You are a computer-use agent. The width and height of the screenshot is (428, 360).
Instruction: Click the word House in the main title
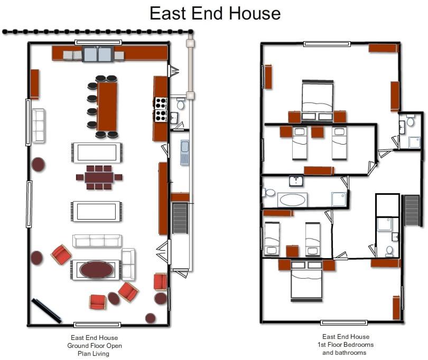(255, 13)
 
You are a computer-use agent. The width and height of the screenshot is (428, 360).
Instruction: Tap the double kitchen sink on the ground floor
(98, 54)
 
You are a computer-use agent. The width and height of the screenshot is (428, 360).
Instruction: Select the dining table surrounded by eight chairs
(99, 177)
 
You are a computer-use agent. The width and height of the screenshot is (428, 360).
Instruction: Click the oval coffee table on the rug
(96, 269)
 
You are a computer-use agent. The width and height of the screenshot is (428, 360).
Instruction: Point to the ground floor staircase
(180, 218)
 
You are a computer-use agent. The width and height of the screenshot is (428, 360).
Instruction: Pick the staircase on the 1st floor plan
(412, 210)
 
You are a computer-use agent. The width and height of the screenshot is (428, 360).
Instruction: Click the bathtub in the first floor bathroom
(292, 200)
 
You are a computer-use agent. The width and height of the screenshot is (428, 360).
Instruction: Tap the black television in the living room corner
(46, 311)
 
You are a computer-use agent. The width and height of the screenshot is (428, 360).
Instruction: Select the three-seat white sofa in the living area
(97, 241)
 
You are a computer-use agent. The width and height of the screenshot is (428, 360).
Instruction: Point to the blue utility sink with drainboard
(185, 153)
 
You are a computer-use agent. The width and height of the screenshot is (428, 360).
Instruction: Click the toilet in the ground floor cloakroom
(180, 103)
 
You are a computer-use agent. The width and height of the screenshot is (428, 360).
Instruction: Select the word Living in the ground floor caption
(94, 354)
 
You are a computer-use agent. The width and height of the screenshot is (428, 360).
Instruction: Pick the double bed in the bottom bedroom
(306, 281)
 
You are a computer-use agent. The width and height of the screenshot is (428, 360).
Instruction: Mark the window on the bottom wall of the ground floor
(97, 325)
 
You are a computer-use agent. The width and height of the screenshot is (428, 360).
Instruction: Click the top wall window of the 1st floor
(327, 44)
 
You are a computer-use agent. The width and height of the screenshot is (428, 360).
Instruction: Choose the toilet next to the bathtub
(269, 193)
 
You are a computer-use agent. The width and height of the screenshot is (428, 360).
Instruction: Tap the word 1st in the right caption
(321, 345)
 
